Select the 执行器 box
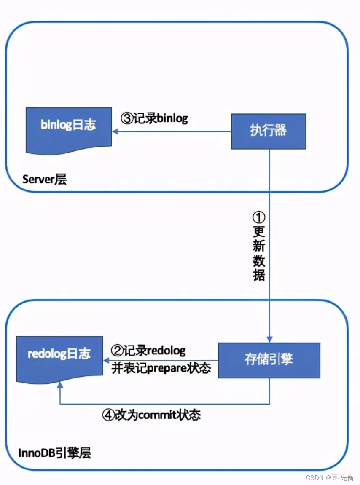[x=268, y=130]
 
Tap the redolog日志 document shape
[x=59, y=356]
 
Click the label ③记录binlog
[x=154, y=118]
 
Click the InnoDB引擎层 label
[x=55, y=453]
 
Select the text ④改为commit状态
[x=152, y=415]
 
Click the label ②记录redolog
[x=148, y=350]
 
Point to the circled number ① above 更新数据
[x=259, y=218]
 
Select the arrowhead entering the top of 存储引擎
[x=269, y=340]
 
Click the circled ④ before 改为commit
[x=108, y=415]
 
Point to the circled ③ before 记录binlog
[x=126, y=118]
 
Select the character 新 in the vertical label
[x=259, y=246]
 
